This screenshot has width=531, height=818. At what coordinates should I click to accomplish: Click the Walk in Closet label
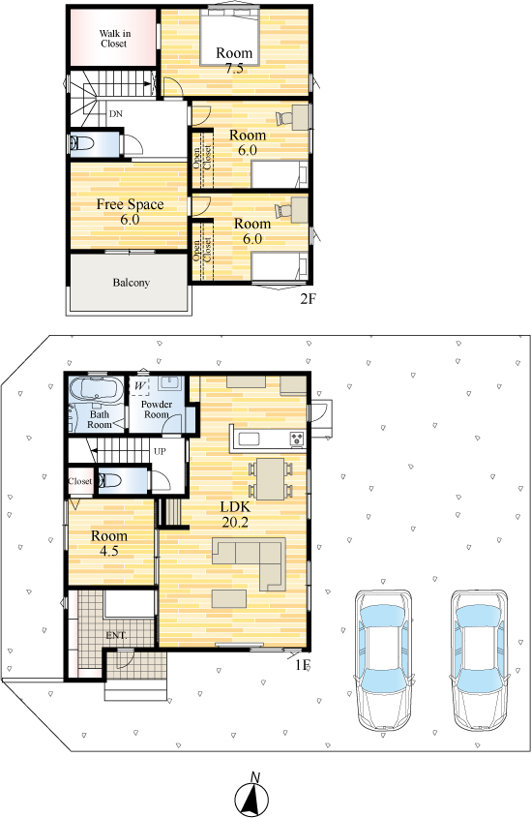115,39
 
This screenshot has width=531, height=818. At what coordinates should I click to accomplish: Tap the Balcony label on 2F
132,283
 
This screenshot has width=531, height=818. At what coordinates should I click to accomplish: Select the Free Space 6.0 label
130,212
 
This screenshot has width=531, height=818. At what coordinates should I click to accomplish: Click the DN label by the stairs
116,113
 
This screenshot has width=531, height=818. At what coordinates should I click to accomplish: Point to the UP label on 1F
160,451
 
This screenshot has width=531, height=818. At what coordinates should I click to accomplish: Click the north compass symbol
252,795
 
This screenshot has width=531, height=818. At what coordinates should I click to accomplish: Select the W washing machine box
139,386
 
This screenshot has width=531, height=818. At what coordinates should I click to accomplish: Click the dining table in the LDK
271,479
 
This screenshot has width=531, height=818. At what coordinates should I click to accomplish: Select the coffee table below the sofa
229,598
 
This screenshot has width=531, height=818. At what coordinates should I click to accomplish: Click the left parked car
384,660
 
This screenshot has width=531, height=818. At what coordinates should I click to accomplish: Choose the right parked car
480,660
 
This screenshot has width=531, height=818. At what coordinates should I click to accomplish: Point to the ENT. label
117,635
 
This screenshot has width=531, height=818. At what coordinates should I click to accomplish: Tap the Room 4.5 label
109,543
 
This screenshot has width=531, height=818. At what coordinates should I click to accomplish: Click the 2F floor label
308,299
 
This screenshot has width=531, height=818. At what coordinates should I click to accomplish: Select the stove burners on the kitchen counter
298,439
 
